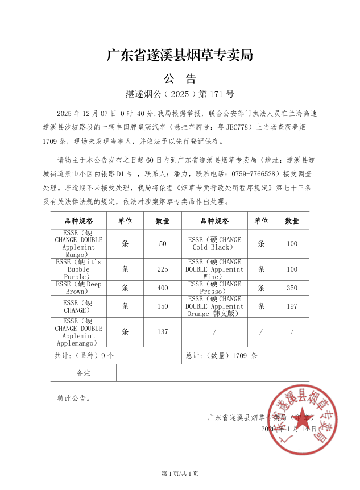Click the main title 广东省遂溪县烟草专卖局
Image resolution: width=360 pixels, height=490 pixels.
pyautogui.click(x=180, y=55)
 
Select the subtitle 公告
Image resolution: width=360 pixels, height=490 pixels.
pyautogui.click(x=180, y=78)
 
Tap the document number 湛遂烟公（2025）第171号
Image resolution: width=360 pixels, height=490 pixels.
pyautogui.click(x=180, y=94)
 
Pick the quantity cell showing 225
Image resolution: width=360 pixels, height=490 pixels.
pyautogui.click(x=163, y=269)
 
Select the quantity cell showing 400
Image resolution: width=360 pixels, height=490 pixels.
pyautogui.click(x=163, y=288)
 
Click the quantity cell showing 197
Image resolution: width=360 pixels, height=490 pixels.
pyautogui.click(x=292, y=306)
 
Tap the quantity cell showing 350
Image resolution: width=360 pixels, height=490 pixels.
pyautogui.click(x=292, y=288)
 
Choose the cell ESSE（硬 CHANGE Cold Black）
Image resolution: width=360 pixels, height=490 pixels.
pyautogui.click(x=214, y=243)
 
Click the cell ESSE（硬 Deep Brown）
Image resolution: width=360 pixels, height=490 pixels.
pyautogui.click(x=78, y=288)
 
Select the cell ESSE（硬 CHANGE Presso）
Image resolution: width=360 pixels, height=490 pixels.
pyautogui.click(x=214, y=288)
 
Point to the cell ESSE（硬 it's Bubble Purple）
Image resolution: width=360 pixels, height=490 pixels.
pyautogui.click(x=78, y=269)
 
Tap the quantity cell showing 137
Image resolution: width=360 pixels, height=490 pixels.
pyautogui.click(x=163, y=332)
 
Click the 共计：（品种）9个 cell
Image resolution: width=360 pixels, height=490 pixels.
pyautogui.click(x=84, y=356)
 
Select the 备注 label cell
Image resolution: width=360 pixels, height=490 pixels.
pyautogui.click(x=84, y=373)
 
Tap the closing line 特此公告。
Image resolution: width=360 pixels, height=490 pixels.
pyautogui.click(x=74, y=398)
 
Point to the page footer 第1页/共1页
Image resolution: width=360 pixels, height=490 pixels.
pyautogui.click(x=180, y=474)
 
